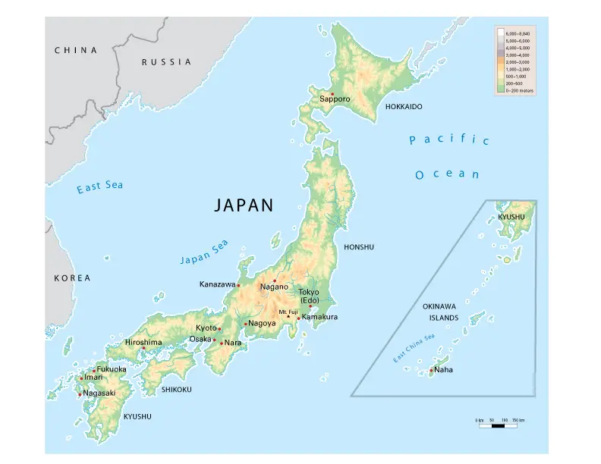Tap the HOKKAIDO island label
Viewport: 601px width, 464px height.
click(404, 107)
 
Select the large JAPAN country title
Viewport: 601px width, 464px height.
click(243, 205)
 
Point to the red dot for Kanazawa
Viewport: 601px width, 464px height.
click(238, 285)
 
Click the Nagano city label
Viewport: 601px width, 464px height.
click(274, 287)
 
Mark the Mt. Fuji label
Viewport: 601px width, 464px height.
click(288, 312)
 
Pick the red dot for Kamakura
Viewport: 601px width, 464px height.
click(299, 318)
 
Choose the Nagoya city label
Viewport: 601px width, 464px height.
click(261, 324)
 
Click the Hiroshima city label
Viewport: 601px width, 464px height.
click(143, 343)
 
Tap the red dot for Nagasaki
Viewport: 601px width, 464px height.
click(80, 394)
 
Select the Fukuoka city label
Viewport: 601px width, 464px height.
click(112, 369)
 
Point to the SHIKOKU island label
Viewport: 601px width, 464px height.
click(176, 390)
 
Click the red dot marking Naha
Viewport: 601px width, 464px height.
click(431, 370)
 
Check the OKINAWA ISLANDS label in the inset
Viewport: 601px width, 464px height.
click(439, 312)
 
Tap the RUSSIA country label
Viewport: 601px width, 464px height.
click(166, 62)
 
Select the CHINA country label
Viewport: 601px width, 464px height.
click(76, 50)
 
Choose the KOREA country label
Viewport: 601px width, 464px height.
click(72, 278)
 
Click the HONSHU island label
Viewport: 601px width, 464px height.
click(359, 247)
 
